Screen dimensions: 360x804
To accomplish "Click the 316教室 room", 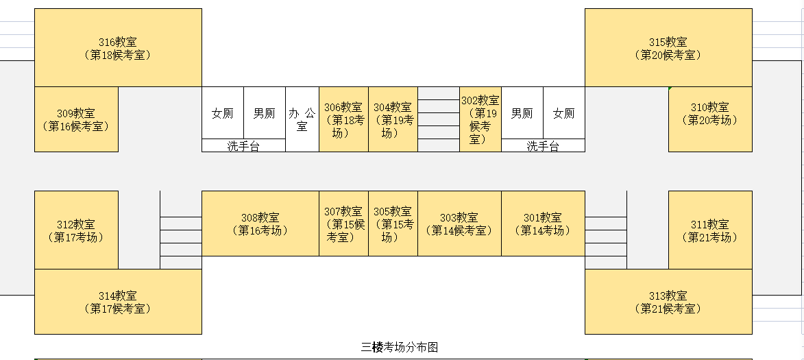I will point(118,48).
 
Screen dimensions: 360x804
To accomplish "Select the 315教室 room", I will point(668,48).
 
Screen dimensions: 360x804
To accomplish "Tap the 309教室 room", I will point(76,119).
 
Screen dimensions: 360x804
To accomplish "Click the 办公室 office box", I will point(302,119).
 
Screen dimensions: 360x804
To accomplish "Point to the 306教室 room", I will point(343,119).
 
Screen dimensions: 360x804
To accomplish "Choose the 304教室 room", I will point(393,119).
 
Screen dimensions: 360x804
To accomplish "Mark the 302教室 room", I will point(480,119).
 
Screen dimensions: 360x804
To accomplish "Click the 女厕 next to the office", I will point(223,113).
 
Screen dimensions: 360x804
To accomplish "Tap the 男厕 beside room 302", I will point(522,113).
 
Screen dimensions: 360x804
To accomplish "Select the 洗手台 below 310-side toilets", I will point(543,145).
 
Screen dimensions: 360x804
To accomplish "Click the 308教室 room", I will point(260,224).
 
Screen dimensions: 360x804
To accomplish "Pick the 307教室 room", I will point(343,224).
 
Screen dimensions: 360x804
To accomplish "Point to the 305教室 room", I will point(393,224).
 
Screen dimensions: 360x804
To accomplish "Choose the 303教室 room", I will point(459,224).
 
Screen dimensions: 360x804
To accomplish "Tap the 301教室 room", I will point(543,224).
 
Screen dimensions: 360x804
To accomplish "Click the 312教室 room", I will point(76,230).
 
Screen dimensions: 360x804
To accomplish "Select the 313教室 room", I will point(668,302).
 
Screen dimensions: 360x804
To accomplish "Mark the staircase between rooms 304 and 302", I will point(439,119).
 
